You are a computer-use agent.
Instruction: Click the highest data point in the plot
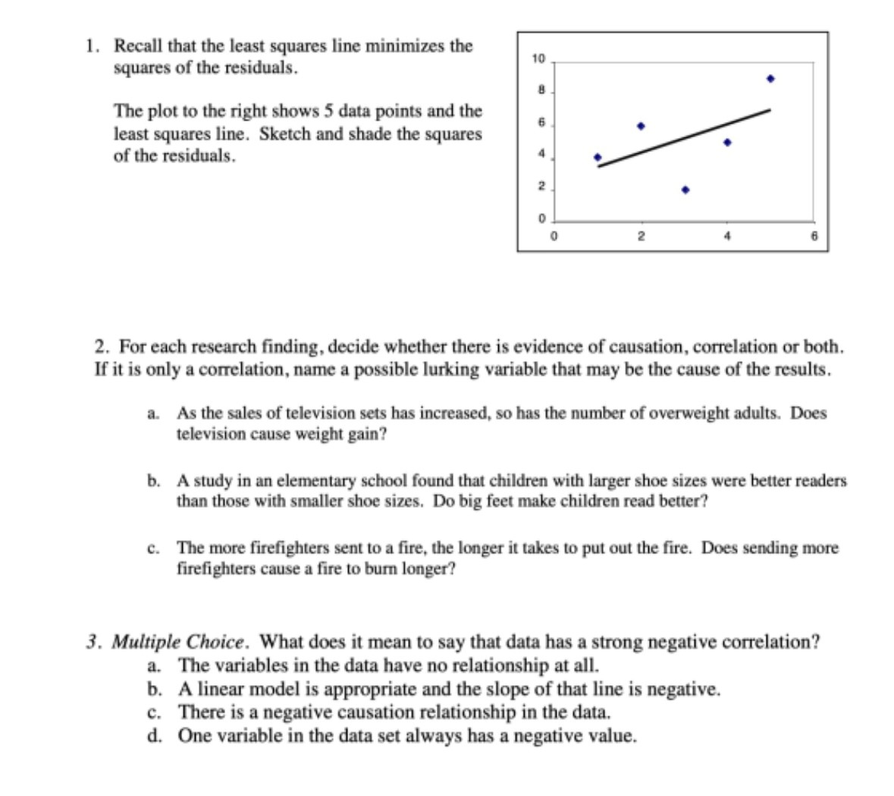tap(770, 78)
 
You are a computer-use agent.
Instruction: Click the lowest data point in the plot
tap(685, 190)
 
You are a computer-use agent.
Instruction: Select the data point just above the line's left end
tap(598, 158)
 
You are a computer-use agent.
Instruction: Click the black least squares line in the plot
tap(682, 138)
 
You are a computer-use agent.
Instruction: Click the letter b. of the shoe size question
tap(154, 480)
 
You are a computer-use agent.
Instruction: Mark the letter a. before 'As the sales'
tap(153, 414)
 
